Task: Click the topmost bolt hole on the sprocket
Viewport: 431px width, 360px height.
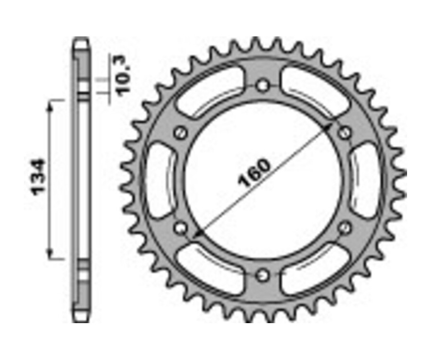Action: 262,86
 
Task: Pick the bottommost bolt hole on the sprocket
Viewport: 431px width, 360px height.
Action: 262,275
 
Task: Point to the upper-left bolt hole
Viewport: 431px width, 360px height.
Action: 180,133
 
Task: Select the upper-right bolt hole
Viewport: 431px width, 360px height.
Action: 345,133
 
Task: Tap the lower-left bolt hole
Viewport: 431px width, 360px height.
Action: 180,228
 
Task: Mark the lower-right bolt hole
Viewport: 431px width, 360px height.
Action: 345,228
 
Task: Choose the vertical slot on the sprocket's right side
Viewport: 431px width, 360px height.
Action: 365,180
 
